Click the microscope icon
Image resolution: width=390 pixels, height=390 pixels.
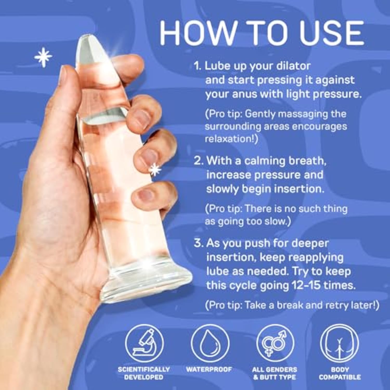144,343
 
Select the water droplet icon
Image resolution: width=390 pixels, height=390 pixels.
210,343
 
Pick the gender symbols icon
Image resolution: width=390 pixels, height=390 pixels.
275,343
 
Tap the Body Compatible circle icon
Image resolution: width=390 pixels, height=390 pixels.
339,343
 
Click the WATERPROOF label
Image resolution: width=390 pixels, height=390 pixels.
209,369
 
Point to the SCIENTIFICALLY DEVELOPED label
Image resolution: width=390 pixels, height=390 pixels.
144,373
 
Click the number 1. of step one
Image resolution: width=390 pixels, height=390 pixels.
198,66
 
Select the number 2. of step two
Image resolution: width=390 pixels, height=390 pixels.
199,161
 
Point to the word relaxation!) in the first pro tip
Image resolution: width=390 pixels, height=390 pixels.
231,139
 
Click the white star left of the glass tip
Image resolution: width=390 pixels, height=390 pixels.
43,57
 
